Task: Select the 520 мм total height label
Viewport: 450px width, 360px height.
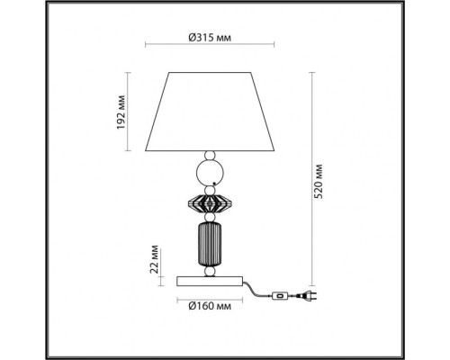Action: coord(328,181)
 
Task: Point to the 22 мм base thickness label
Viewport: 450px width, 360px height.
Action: coord(154,262)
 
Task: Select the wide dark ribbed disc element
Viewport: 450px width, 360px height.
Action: coord(209,202)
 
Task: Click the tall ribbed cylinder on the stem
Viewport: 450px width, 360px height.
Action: coord(209,243)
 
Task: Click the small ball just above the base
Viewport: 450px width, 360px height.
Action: coord(209,270)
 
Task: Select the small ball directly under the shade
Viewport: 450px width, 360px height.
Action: coord(209,154)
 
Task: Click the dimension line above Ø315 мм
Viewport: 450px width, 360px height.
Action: coord(210,48)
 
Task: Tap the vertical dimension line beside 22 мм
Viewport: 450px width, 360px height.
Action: coord(168,262)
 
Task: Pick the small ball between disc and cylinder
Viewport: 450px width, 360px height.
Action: coord(209,219)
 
